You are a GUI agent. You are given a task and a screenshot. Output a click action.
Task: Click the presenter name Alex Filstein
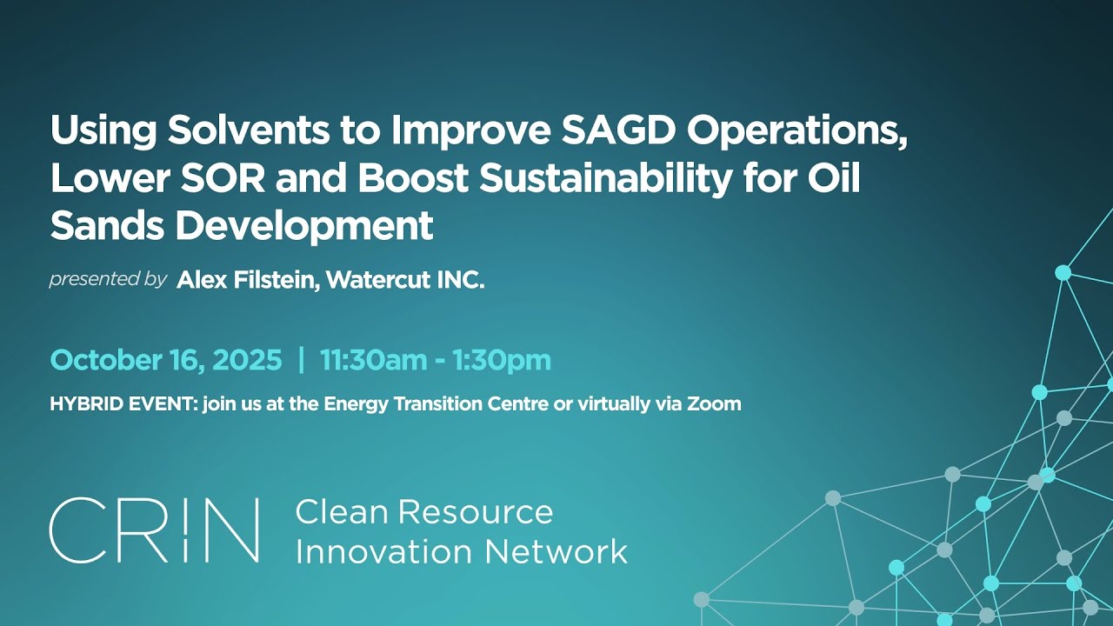click(x=245, y=281)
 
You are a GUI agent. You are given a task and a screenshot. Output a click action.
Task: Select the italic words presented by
click(x=108, y=280)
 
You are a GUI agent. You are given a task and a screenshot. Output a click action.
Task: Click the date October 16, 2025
click(x=166, y=360)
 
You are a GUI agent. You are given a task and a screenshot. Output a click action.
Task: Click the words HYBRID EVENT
click(x=123, y=403)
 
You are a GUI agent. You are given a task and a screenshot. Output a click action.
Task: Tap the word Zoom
click(x=715, y=403)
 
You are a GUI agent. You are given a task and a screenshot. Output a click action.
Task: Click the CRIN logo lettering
click(x=154, y=530)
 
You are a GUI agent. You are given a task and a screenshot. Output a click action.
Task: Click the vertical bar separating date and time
click(x=302, y=360)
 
